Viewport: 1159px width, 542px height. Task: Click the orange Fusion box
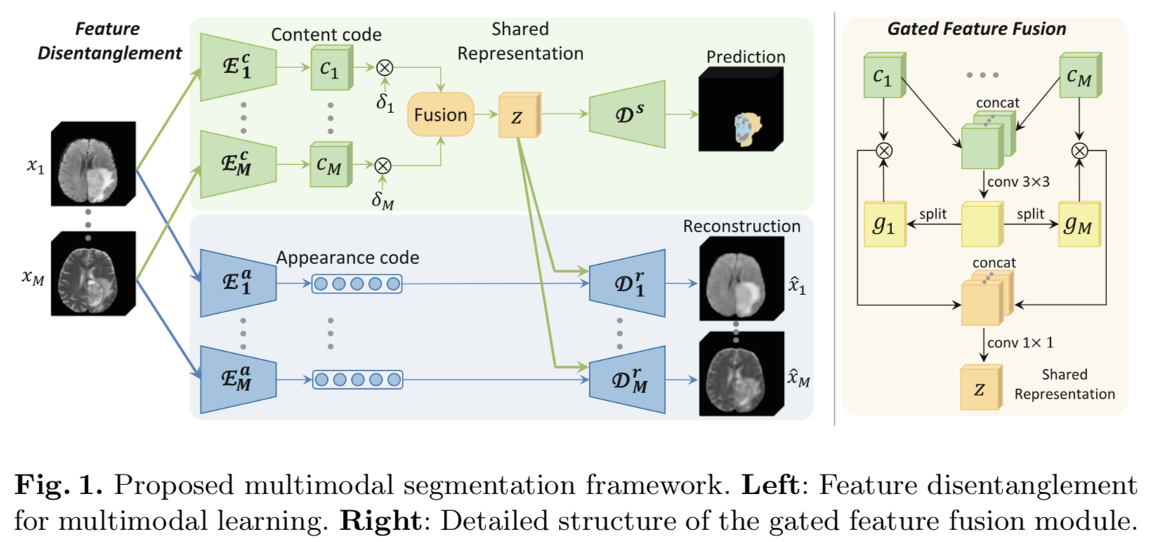[x=440, y=114]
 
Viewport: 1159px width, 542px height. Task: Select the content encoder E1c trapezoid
[x=237, y=67]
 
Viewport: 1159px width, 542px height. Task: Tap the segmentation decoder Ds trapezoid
[x=627, y=114]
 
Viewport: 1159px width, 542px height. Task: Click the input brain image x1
[x=93, y=164]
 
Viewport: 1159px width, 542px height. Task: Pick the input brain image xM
[x=93, y=274]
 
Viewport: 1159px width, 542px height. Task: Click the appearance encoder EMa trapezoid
[x=237, y=380]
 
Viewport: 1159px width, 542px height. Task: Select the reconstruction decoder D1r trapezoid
[x=627, y=284]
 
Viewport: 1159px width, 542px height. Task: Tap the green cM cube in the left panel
[x=329, y=166]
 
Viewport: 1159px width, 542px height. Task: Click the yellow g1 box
[x=884, y=225]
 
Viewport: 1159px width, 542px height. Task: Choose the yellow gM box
[x=1078, y=225]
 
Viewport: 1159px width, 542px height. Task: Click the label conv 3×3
[x=1018, y=182]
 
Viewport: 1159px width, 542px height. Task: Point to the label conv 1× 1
[x=1020, y=343]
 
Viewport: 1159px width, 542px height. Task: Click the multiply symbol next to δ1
[x=384, y=67]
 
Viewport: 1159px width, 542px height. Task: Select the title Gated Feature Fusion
[x=976, y=29]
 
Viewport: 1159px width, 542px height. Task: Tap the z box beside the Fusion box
[x=518, y=116]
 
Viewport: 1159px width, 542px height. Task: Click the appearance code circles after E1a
[x=357, y=284]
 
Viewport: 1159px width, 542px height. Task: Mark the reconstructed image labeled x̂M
[x=741, y=374]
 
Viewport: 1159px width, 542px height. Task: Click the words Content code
[x=326, y=34]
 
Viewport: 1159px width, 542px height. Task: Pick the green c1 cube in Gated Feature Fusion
[x=883, y=76]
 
